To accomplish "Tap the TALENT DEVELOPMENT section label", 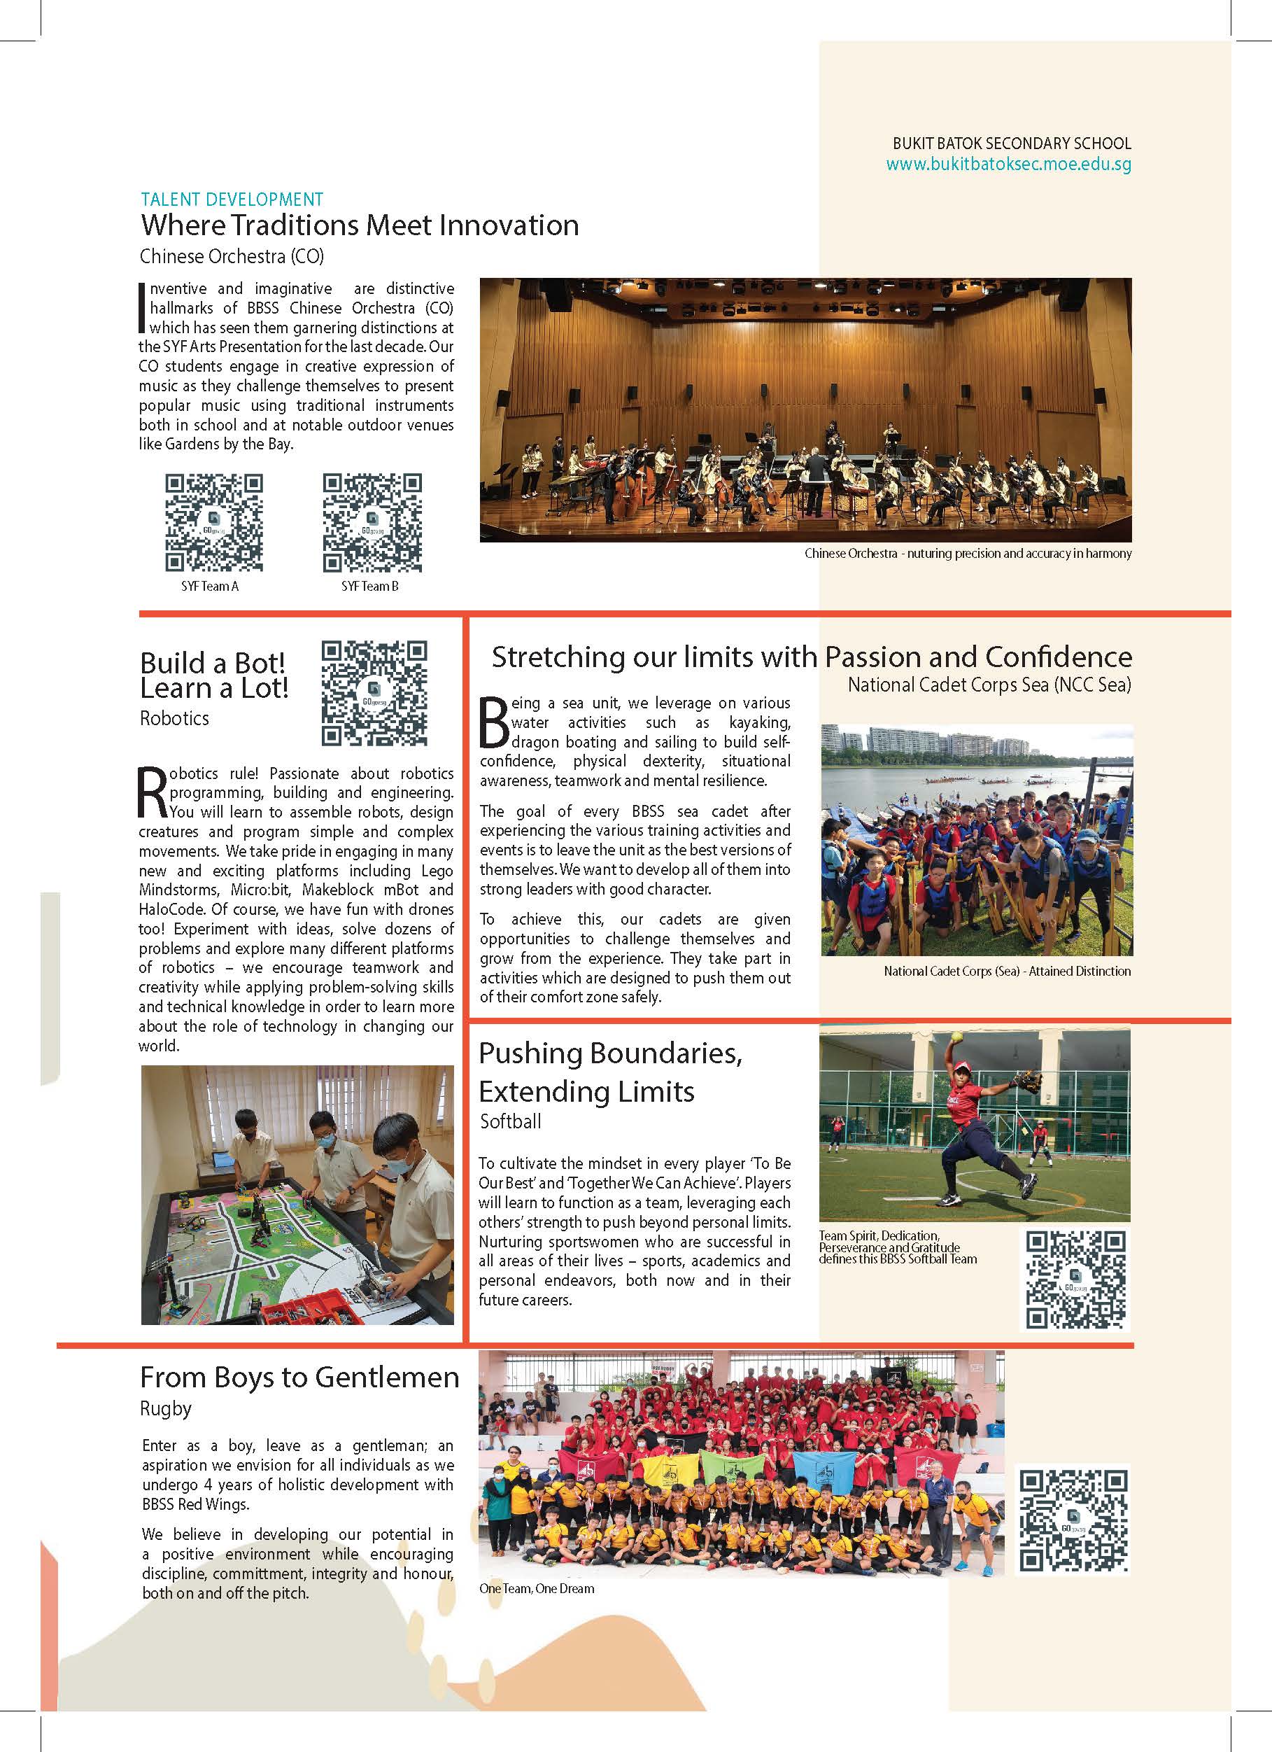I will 232,199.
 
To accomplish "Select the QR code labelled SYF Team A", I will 214,523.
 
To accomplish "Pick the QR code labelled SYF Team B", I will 372,523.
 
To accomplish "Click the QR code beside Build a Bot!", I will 374,693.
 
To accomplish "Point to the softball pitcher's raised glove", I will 1026,1079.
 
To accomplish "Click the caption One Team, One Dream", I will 537,1588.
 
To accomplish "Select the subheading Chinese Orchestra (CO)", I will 232,256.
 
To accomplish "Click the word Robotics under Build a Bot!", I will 174,718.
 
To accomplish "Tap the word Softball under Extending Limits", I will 511,1121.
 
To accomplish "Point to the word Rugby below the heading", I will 165,1408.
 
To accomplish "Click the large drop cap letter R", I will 152,792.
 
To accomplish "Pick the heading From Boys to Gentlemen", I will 299,1378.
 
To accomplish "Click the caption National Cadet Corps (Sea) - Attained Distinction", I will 1007,971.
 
